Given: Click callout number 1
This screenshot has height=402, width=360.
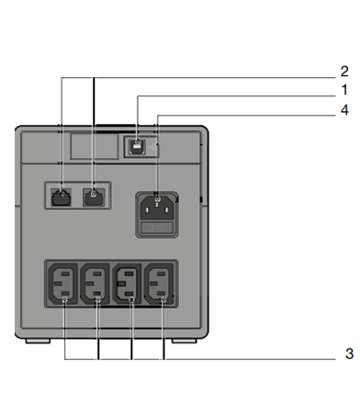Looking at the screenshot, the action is [344, 90].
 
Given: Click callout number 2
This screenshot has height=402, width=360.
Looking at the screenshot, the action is [344, 72].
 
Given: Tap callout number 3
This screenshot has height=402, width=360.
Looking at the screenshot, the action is [349, 353].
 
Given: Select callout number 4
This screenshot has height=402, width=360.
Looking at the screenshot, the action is [344, 109].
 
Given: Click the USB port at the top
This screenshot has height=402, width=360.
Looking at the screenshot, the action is [138, 146].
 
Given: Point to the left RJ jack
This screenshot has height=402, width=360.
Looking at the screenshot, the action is [61, 197].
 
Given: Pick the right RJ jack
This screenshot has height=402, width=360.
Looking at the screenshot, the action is [94, 197].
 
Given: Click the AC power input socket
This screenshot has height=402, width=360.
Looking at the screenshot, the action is [157, 208].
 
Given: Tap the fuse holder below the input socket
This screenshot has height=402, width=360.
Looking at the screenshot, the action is [157, 228].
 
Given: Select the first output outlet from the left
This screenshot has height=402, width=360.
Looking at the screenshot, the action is [62, 284].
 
